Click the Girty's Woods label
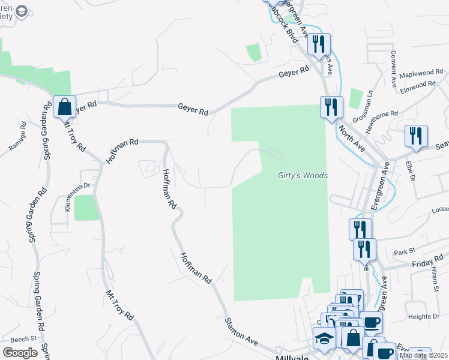pos(303,175)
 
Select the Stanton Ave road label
pos(242,331)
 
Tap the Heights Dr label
pos(423,316)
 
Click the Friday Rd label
pos(427,260)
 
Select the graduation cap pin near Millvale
pos(325,339)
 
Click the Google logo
pos(20,353)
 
